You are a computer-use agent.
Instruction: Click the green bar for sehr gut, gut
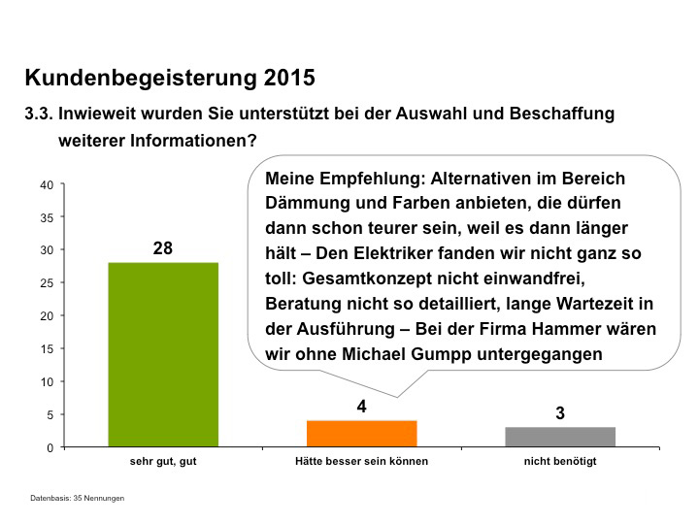[163, 354]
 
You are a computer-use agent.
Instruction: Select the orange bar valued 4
[361, 434]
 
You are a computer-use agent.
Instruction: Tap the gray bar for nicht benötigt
[560, 437]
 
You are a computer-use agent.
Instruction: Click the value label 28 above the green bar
[163, 248]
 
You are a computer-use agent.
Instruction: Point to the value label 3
[560, 413]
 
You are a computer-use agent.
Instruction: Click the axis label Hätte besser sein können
[361, 462]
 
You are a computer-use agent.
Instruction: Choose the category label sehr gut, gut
[163, 462]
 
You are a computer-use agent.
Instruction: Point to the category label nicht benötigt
[560, 462]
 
